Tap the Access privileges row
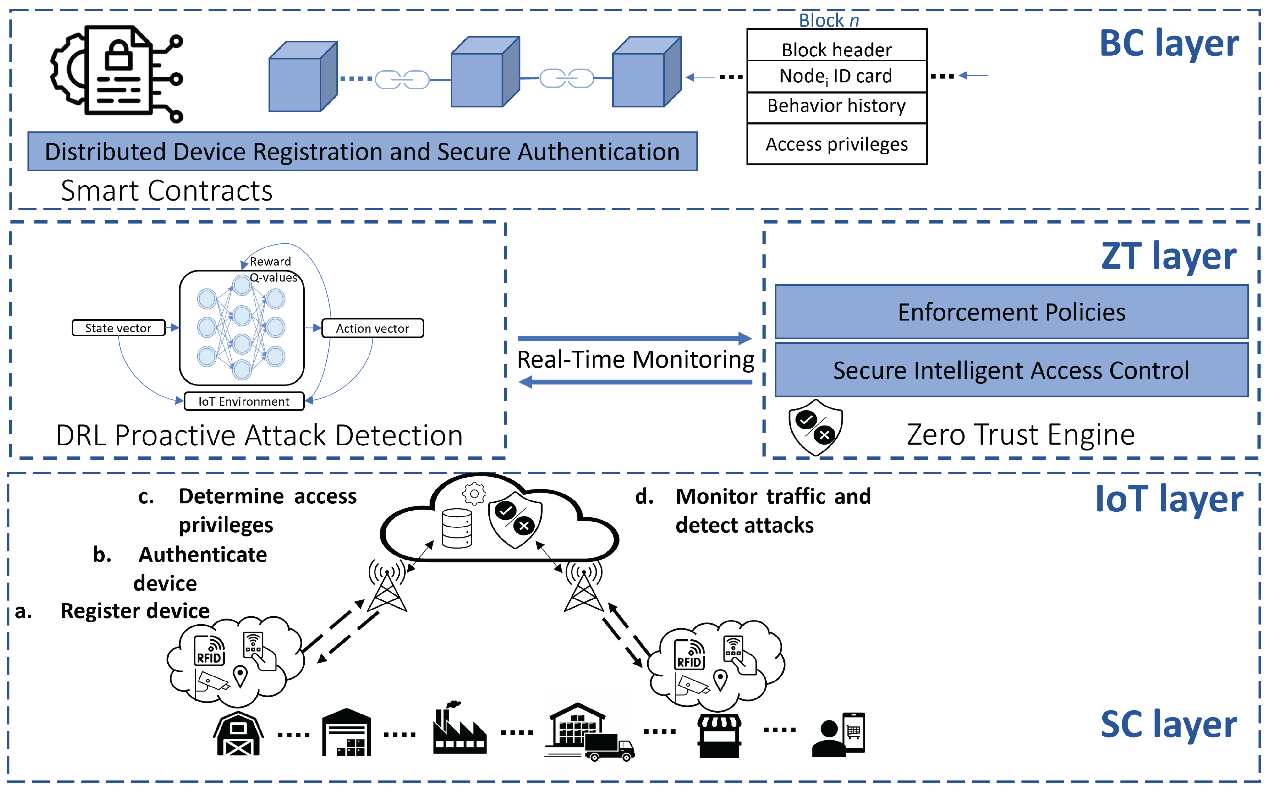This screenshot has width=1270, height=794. [x=837, y=144]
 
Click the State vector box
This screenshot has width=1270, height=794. [x=118, y=328]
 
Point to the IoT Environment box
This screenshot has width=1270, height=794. [x=244, y=401]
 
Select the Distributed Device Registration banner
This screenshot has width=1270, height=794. [x=362, y=151]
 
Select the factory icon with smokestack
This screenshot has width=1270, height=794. [x=459, y=730]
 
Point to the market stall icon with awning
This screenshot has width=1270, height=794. [x=719, y=735]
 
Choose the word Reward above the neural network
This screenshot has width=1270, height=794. [x=270, y=261]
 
